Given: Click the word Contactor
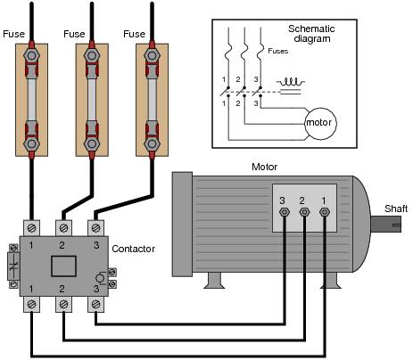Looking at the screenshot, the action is (x=133, y=249).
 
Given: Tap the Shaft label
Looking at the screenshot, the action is (x=396, y=209).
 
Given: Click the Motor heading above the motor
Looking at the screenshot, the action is (x=264, y=167).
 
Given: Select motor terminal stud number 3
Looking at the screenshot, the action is (x=285, y=212).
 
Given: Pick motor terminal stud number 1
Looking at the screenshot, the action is (x=325, y=212).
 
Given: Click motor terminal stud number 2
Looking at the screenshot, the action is (x=304, y=212).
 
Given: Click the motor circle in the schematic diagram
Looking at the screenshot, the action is (x=320, y=124).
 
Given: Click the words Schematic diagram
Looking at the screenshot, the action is (x=311, y=34).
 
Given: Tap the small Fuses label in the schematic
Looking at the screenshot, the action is (x=278, y=51).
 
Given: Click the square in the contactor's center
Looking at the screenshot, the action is (x=63, y=266).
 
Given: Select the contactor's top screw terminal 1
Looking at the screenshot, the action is (x=31, y=228).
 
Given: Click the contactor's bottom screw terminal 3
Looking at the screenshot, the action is (x=95, y=304).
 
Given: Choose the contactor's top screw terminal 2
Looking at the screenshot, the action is (x=63, y=228).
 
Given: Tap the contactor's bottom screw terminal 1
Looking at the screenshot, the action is (x=31, y=304).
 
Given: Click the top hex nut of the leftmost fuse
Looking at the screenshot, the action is (x=31, y=55).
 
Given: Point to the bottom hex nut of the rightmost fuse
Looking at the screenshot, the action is (x=152, y=144).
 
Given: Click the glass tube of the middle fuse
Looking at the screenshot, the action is (x=92, y=100).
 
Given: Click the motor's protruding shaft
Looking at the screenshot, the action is (x=386, y=225).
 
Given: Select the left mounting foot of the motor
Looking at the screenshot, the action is (x=214, y=281).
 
